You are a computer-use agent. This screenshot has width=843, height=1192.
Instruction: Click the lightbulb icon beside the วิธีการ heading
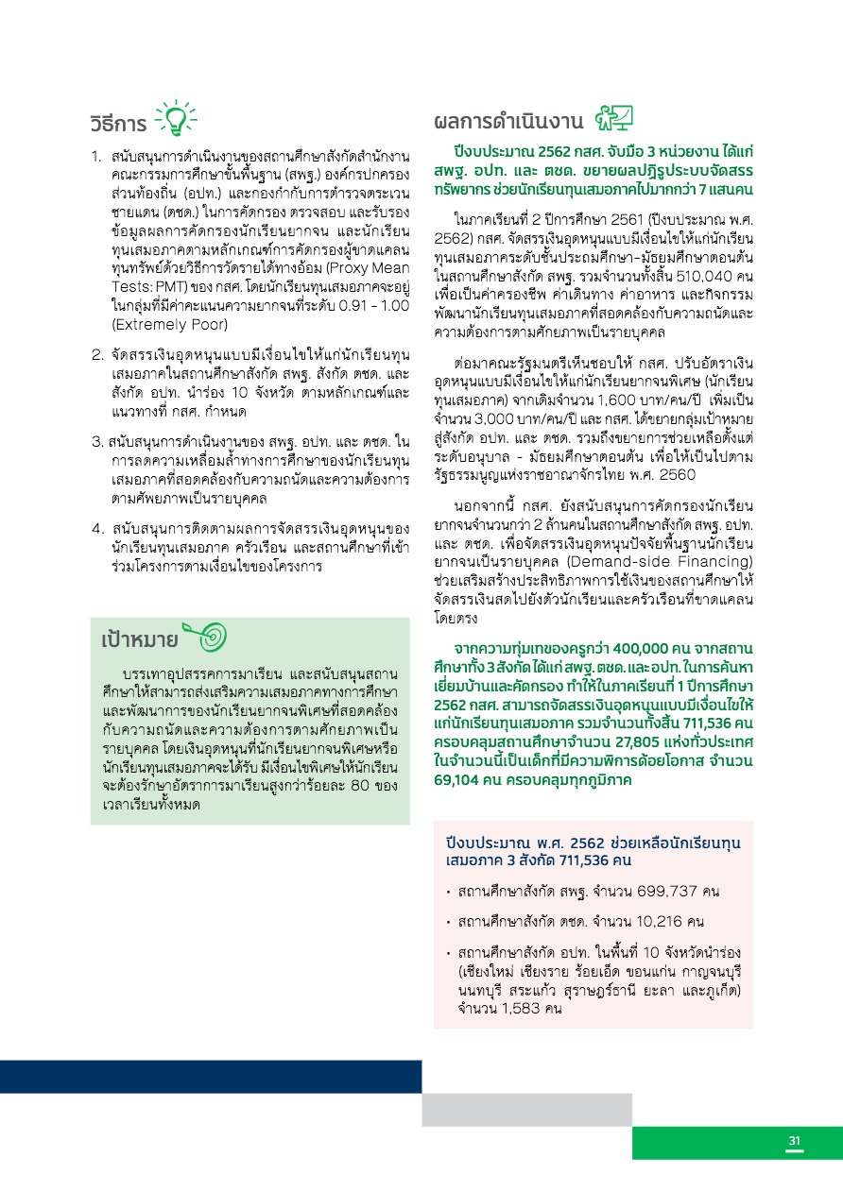click(176, 120)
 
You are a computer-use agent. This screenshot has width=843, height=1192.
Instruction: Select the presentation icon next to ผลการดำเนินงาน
click(614, 119)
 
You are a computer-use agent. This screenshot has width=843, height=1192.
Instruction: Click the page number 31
click(795, 1142)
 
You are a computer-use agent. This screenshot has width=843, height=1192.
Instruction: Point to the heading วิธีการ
click(118, 125)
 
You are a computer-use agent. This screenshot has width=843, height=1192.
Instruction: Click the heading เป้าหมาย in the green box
click(140, 641)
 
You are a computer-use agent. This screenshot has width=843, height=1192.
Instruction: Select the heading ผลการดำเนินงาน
click(508, 123)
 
